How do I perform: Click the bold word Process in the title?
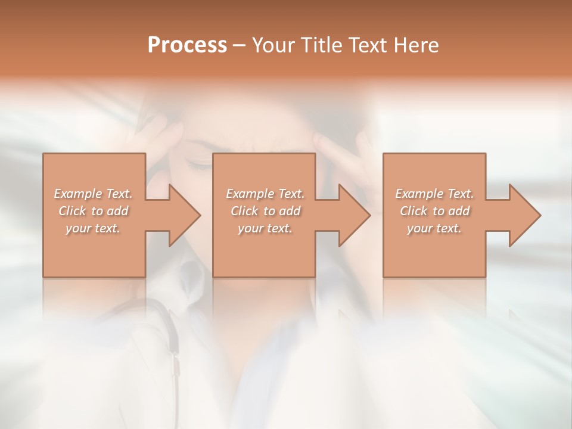click(x=187, y=45)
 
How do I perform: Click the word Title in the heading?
click(x=321, y=45)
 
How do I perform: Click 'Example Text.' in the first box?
click(x=94, y=194)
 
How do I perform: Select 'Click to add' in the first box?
click(x=94, y=211)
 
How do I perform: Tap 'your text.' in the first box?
click(x=94, y=228)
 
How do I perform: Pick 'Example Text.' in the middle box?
click(x=265, y=194)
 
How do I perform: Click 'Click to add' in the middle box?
click(x=265, y=211)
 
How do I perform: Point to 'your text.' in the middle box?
click(x=265, y=228)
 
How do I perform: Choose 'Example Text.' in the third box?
click(x=434, y=194)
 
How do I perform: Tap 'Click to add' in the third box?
click(x=434, y=211)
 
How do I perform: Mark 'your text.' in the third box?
click(x=434, y=228)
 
